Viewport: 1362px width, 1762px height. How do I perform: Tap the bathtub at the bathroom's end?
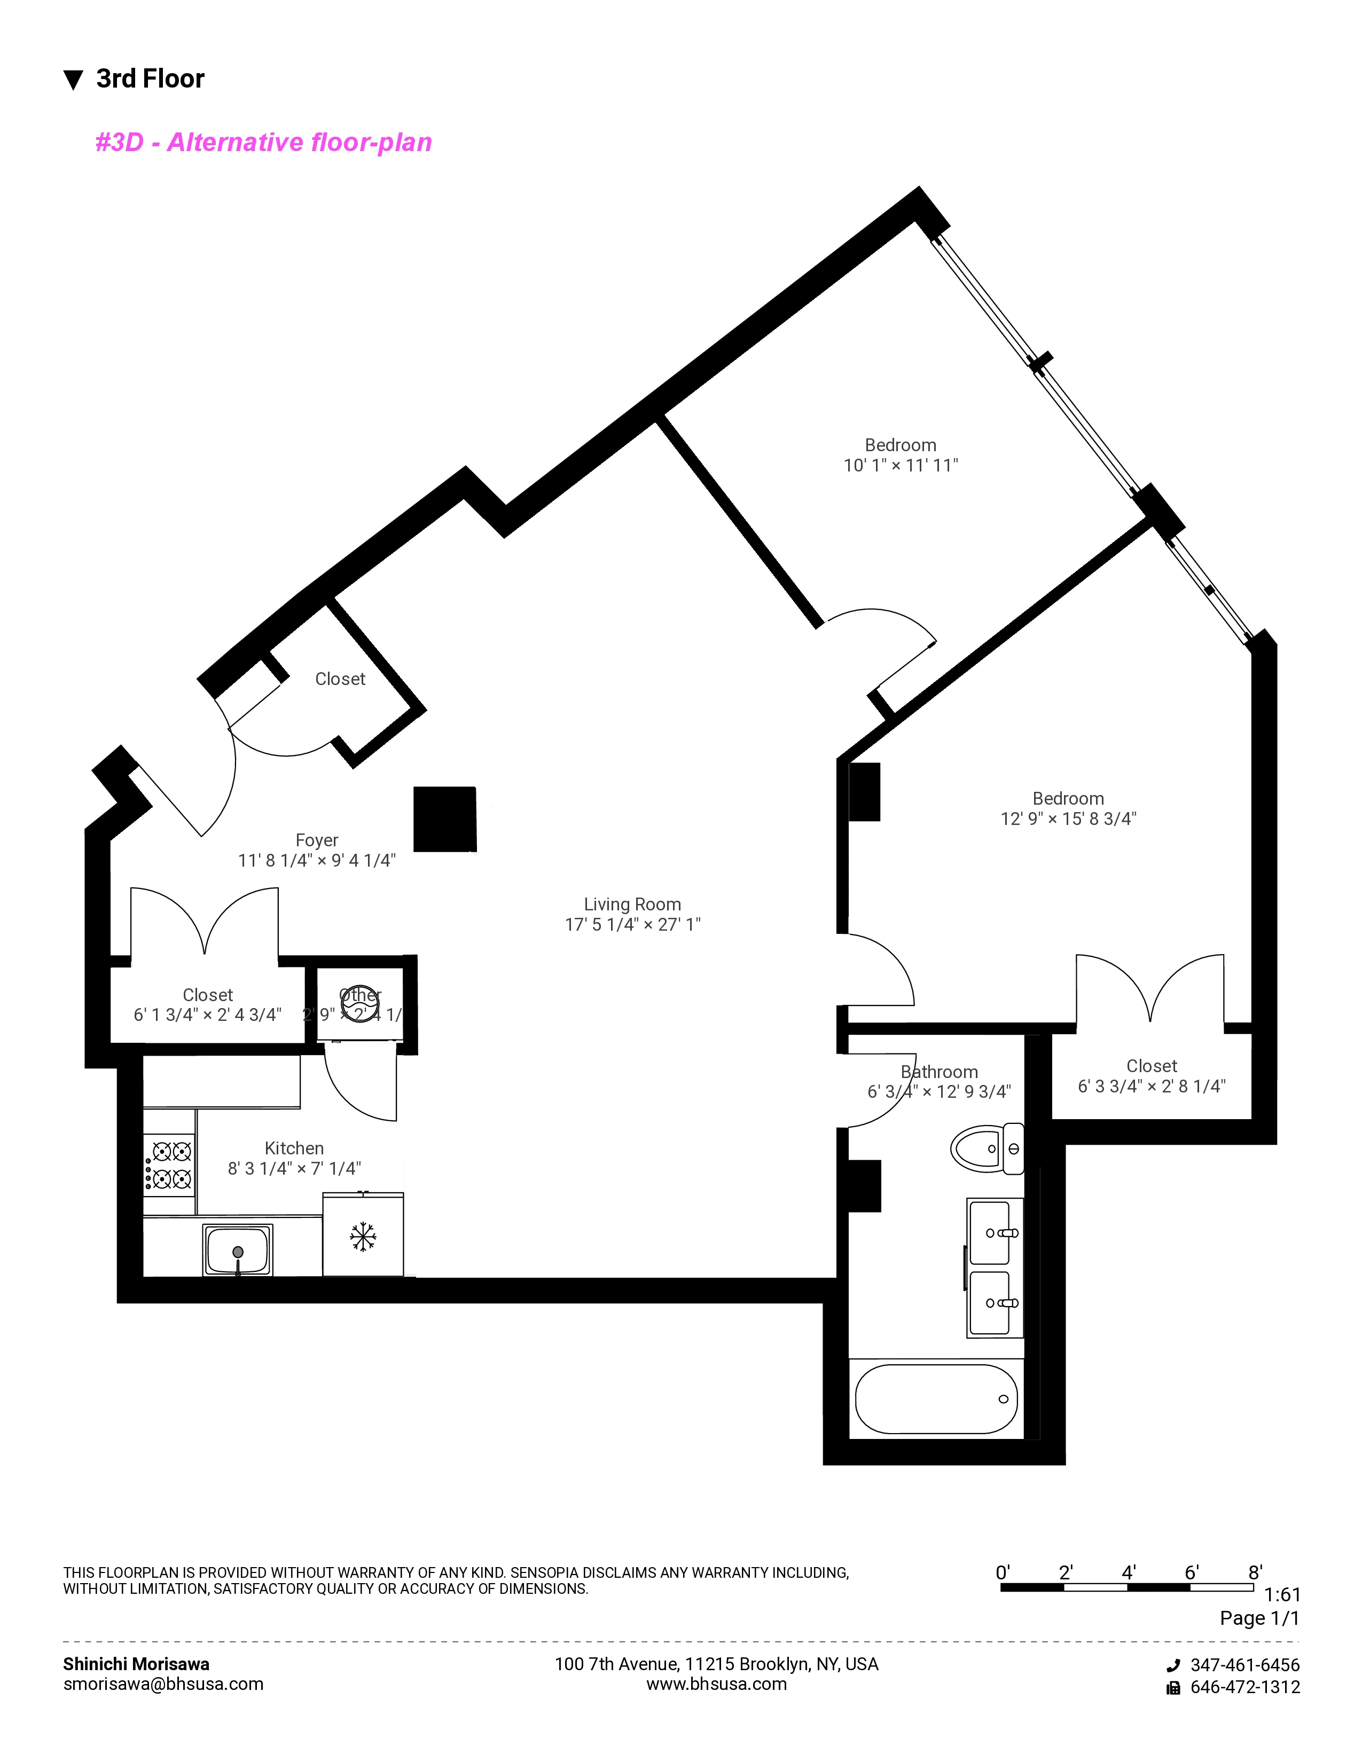(936, 1399)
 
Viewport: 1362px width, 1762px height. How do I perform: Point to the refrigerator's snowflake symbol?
(363, 1236)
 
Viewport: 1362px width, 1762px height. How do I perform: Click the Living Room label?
(632, 904)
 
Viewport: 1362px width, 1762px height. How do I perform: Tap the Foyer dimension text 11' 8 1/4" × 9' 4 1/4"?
(316, 861)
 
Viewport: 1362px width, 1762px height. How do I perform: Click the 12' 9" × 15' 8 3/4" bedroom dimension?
(1068, 819)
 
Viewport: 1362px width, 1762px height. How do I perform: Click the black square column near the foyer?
(444, 819)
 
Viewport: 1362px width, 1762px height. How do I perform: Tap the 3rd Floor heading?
(150, 79)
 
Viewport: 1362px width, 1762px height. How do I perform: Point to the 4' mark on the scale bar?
(1128, 1572)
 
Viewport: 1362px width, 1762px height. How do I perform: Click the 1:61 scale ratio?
(1281, 1595)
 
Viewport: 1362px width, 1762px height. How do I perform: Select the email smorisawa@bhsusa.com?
(163, 1685)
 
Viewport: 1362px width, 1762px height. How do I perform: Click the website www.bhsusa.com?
(716, 1685)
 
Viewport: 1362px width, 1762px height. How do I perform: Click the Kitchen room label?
(294, 1148)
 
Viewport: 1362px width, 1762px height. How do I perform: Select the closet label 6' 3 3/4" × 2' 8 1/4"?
(1152, 1087)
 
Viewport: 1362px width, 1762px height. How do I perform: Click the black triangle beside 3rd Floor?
(73, 80)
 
